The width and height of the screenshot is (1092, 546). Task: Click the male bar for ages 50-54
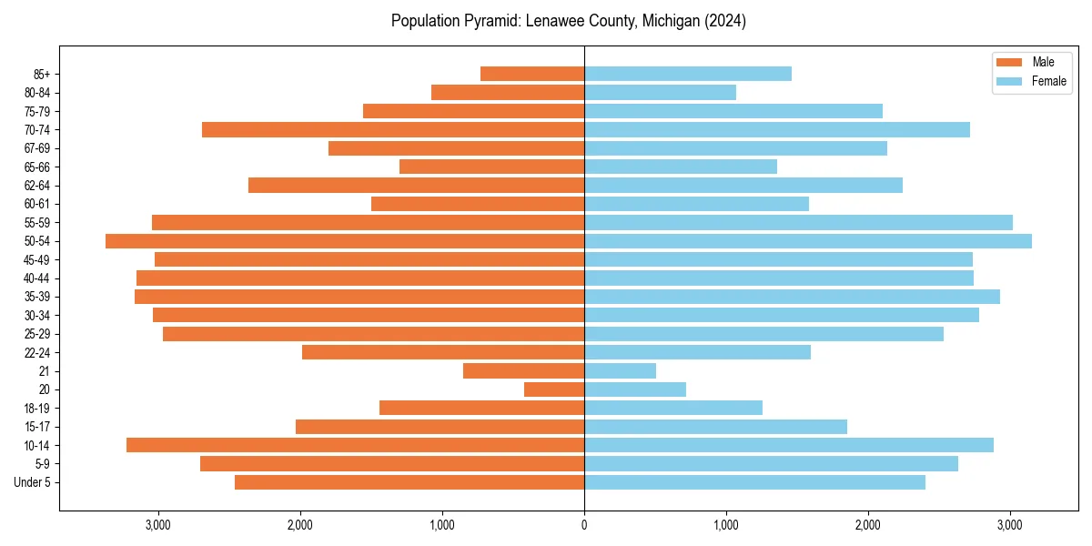click(345, 241)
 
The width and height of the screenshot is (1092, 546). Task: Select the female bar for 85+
click(688, 74)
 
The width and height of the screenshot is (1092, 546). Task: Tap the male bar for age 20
click(554, 389)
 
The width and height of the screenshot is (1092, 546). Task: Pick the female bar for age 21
click(620, 371)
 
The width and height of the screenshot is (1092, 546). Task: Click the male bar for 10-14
click(355, 445)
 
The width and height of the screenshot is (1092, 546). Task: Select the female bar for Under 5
click(754, 482)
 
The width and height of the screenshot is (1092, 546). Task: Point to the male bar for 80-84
click(508, 93)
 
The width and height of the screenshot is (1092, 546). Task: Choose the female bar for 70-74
click(777, 130)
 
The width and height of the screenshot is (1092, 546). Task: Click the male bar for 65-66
click(491, 167)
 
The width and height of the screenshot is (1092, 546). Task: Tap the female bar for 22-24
click(697, 352)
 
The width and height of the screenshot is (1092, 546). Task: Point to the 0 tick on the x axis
click(584, 526)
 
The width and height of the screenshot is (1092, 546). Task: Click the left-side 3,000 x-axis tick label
click(158, 526)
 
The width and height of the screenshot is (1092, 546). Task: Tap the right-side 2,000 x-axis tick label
click(868, 526)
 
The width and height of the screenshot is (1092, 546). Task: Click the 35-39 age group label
click(37, 297)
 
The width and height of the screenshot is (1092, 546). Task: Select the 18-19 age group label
click(37, 409)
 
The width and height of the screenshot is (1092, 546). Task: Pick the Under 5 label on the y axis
click(33, 482)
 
